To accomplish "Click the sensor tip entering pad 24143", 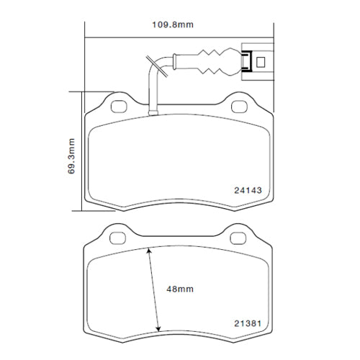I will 152,112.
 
